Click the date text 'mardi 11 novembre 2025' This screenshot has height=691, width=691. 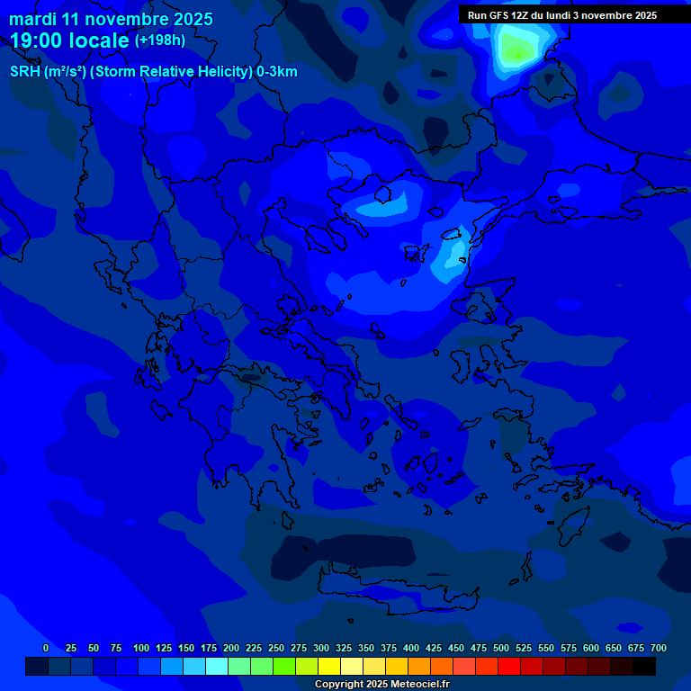(111, 19)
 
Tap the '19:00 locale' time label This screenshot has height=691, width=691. (69, 40)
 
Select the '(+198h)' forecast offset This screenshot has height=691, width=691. (160, 40)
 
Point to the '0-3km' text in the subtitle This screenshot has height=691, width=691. (277, 72)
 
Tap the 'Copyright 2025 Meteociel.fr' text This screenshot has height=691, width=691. (381, 684)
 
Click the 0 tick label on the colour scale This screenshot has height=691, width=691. (46, 648)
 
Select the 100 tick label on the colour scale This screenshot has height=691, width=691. (141, 648)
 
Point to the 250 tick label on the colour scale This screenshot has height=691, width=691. (276, 648)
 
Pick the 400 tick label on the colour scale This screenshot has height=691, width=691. (411, 648)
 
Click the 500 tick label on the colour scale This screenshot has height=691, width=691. (501, 648)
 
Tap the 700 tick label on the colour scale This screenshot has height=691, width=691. (659, 648)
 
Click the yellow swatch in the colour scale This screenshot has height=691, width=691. (329, 666)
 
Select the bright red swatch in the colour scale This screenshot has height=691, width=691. (509, 666)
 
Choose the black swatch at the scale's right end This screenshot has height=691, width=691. (644, 666)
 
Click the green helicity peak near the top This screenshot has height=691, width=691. (516, 51)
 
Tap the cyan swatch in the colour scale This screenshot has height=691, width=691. (217, 666)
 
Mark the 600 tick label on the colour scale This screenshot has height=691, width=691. (591, 648)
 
